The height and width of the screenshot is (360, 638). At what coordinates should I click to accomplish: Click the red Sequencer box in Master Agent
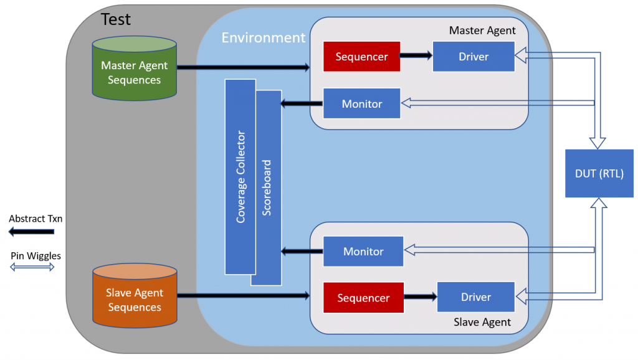point(361,57)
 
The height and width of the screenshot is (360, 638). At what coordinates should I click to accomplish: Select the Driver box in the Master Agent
point(474,57)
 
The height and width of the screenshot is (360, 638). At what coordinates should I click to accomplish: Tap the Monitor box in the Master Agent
point(361,104)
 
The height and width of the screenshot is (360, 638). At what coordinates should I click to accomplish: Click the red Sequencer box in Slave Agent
point(363,298)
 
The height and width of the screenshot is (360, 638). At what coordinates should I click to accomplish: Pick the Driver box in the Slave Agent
point(476,297)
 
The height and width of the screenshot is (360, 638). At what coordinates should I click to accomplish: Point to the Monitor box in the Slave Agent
point(363,252)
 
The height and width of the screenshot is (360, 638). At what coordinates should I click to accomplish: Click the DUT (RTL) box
point(599,174)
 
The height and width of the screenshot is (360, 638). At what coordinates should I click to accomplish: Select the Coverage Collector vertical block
point(240,177)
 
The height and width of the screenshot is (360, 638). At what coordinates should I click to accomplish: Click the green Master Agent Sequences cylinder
point(134,69)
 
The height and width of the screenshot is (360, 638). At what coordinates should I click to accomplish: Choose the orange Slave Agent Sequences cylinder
point(134,296)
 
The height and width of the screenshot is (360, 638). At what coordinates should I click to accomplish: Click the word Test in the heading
point(116,19)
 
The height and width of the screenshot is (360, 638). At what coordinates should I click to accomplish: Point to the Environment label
point(264,38)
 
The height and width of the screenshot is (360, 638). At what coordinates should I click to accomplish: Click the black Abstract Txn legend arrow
point(32,232)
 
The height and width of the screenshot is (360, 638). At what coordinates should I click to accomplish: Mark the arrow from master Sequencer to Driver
point(416,56)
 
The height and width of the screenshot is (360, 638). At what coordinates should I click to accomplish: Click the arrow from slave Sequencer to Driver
point(420,298)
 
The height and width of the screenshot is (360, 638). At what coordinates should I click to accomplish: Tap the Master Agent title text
point(482,30)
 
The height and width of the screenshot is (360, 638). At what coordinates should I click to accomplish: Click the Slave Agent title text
point(483,322)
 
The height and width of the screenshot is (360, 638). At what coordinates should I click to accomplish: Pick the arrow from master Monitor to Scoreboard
point(302,103)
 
